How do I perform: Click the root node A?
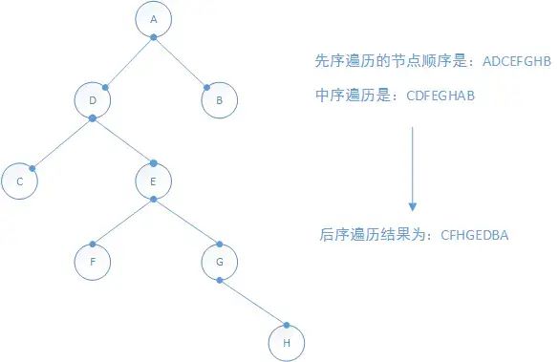pyautogui.click(x=153, y=19)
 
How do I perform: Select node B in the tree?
pyautogui.click(x=219, y=100)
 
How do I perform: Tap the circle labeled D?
pyautogui.click(x=93, y=100)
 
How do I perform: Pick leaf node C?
pyautogui.click(x=19, y=181)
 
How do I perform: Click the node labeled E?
pyautogui.click(x=153, y=181)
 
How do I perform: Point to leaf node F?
pyautogui.click(x=93, y=262)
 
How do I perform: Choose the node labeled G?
pyautogui.click(x=219, y=262)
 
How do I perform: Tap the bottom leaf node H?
pyautogui.click(x=287, y=343)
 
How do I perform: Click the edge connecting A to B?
pyautogui.click(x=180, y=62)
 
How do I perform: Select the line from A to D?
pyautogui.click(x=129, y=62)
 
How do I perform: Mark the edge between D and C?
pyautogui.click(x=62, y=143)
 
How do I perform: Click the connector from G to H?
pyautogui.click(x=253, y=303)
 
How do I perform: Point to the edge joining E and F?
pyautogui.click(x=122, y=222)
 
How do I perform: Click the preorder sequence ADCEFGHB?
pyautogui.click(x=517, y=61)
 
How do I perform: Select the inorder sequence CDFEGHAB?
pyautogui.click(x=441, y=96)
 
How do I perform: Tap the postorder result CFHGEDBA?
pyautogui.click(x=475, y=235)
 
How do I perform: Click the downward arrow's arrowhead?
pyautogui.click(x=413, y=206)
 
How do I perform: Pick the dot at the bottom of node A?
pyautogui.click(x=153, y=37)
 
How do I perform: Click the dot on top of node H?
pyautogui.click(x=287, y=325)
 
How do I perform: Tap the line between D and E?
pyautogui.click(x=123, y=140)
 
